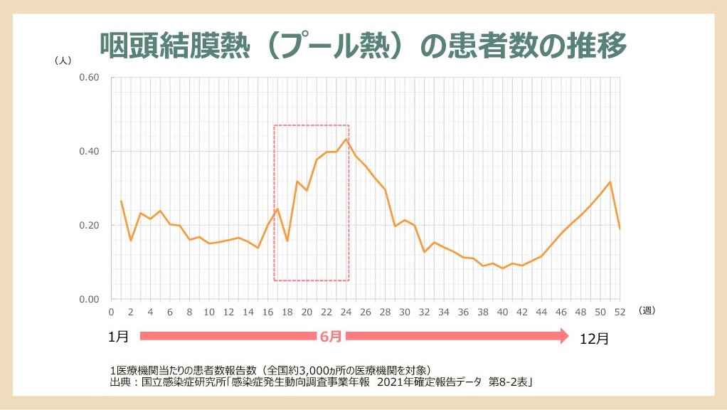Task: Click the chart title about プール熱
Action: [x=363, y=45]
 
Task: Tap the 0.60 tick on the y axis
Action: [x=89, y=78]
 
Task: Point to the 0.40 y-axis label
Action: [x=89, y=152]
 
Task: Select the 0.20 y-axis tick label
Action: [x=89, y=226]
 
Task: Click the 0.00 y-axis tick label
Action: [x=89, y=300]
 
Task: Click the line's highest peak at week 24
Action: [x=346, y=139]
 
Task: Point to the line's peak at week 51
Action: [x=610, y=182]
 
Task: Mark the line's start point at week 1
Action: [x=121, y=201]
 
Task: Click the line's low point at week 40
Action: [x=502, y=268]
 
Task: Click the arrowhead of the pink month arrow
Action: [x=563, y=336]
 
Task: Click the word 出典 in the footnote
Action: [x=120, y=382]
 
